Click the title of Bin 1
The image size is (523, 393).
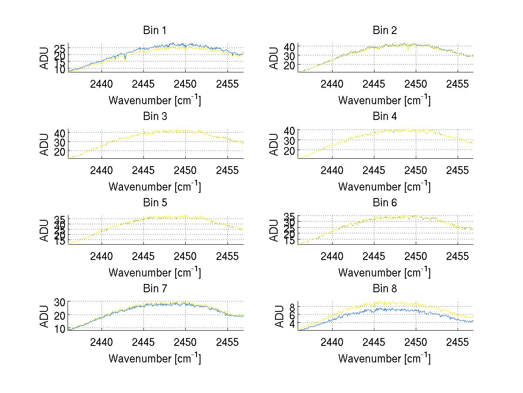[155, 31]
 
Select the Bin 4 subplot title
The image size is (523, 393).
[385, 116]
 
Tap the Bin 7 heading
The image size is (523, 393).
[155, 289]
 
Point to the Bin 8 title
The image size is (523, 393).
[385, 289]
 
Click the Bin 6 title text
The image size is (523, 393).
[385, 203]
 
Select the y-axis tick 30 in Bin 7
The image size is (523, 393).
[60, 302]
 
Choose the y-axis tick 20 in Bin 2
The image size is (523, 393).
[290, 65]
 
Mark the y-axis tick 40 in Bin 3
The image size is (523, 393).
[60, 133]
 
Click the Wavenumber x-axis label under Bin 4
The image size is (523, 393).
[384, 186]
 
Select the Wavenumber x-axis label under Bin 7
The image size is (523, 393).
[155, 358]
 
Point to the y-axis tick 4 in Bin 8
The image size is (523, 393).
[292, 323]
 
